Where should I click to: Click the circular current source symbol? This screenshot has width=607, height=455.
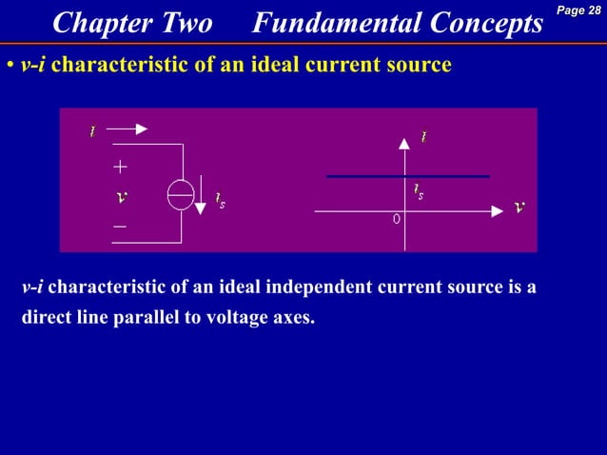[x=181, y=193]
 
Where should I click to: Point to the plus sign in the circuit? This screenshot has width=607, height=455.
[x=120, y=167]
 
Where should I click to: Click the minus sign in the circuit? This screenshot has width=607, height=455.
[x=120, y=227]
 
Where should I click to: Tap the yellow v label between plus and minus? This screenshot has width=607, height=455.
[x=120, y=197]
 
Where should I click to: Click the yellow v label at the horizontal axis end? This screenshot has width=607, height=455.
[x=519, y=206]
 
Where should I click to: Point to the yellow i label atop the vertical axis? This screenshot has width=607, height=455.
[x=424, y=136]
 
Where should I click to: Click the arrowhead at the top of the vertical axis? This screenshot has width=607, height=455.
[x=404, y=142]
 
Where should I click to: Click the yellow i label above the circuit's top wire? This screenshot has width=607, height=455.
[x=92, y=129]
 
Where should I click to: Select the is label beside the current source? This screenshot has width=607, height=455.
[x=220, y=202]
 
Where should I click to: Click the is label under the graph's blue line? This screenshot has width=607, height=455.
[x=418, y=192]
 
